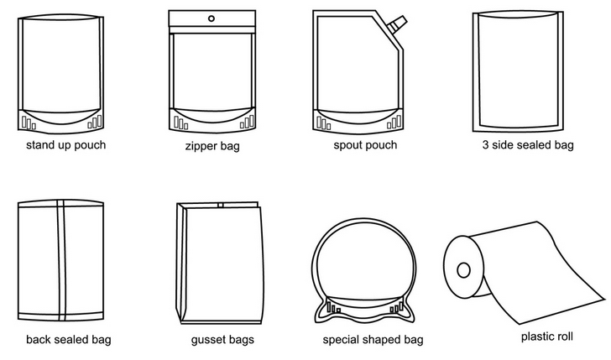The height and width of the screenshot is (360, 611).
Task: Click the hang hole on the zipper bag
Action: point(211,18)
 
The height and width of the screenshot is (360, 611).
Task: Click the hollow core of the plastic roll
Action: point(463,270)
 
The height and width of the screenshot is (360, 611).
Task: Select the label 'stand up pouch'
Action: point(65,145)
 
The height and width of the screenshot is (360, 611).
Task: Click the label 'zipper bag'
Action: point(212,147)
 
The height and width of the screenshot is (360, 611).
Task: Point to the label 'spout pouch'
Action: point(365,145)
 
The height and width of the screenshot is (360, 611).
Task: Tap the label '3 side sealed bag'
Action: point(528,145)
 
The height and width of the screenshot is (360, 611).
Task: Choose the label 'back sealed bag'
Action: point(69,340)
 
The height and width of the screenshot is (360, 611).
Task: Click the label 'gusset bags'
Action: point(222,340)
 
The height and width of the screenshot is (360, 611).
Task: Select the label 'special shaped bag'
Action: point(373,340)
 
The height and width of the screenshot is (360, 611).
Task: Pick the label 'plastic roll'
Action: point(547,337)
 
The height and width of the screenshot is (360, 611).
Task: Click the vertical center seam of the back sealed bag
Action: point(60,260)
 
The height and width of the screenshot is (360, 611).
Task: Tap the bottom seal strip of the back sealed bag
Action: point(60,316)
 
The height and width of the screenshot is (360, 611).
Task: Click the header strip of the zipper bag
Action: point(212,18)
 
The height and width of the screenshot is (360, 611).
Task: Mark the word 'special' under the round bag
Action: point(342,340)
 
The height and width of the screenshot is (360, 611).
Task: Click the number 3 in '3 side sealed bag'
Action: point(485,145)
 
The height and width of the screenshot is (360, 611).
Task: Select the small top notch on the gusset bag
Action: point(221,205)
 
